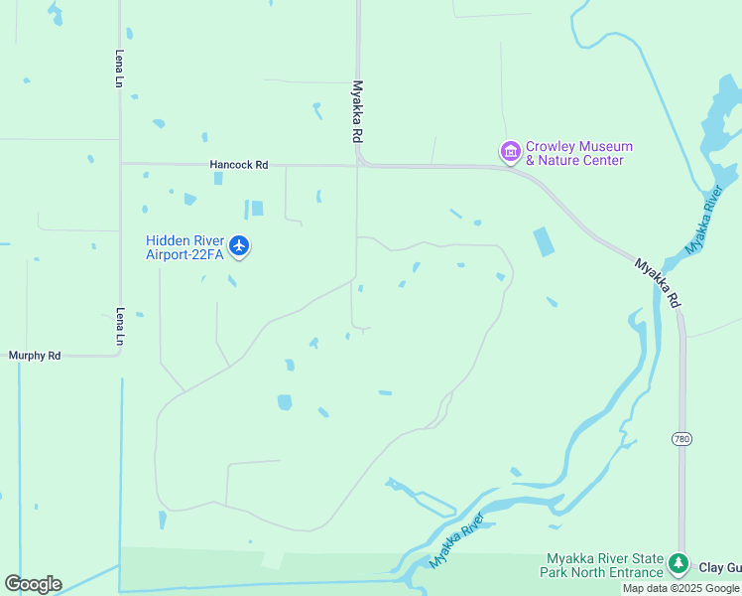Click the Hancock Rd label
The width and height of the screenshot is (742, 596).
pos(239,165)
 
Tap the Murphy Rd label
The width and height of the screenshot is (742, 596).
pos(35,355)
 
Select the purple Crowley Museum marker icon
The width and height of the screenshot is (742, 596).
pos(510,152)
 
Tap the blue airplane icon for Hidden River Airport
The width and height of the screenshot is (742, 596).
pos(239,245)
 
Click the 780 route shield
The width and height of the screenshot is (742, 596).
pos(680,438)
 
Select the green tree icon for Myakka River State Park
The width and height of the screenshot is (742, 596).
pos(679,564)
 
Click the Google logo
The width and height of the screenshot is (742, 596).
pos(33,584)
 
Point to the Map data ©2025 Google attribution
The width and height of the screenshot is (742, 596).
pos(681,588)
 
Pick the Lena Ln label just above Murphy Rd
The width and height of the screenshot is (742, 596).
pos(119,326)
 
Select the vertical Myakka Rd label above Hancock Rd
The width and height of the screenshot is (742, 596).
pos(357,112)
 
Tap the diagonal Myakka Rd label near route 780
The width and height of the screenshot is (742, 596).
pos(658,283)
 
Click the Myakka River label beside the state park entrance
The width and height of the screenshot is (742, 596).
pos(457,541)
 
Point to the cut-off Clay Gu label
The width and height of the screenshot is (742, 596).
pos(720,568)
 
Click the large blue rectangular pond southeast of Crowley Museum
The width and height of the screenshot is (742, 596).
pos(545,242)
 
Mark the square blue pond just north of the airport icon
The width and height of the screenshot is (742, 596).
pos(257,209)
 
